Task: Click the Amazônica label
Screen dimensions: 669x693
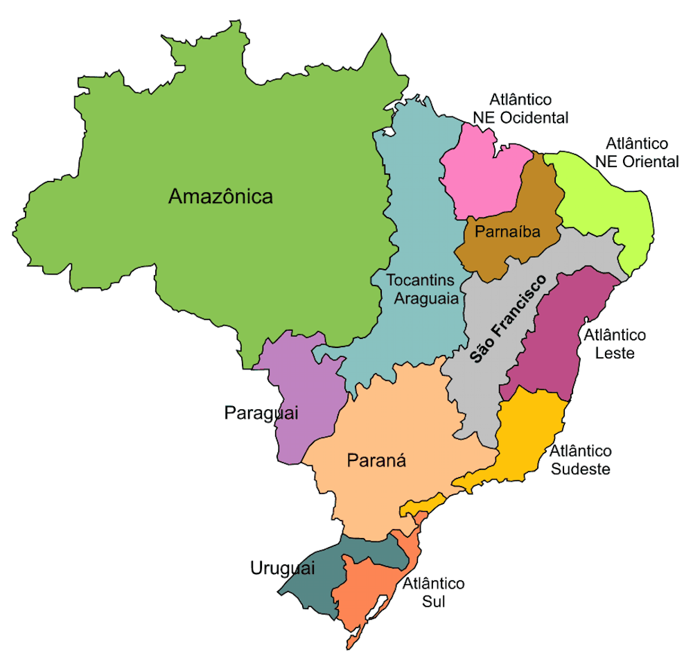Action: (x=220, y=197)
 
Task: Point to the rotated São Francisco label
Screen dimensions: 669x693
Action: (x=507, y=318)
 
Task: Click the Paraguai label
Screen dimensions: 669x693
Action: (x=261, y=413)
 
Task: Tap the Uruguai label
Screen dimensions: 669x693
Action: (x=282, y=568)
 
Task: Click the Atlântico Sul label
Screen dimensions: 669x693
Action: (x=433, y=592)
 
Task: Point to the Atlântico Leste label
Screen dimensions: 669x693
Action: (x=614, y=344)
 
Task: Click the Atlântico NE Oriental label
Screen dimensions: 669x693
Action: (x=636, y=153)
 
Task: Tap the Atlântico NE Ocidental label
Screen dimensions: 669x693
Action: (x=520, y=109)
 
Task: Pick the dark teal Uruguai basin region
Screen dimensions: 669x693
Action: (x=312, y=586)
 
